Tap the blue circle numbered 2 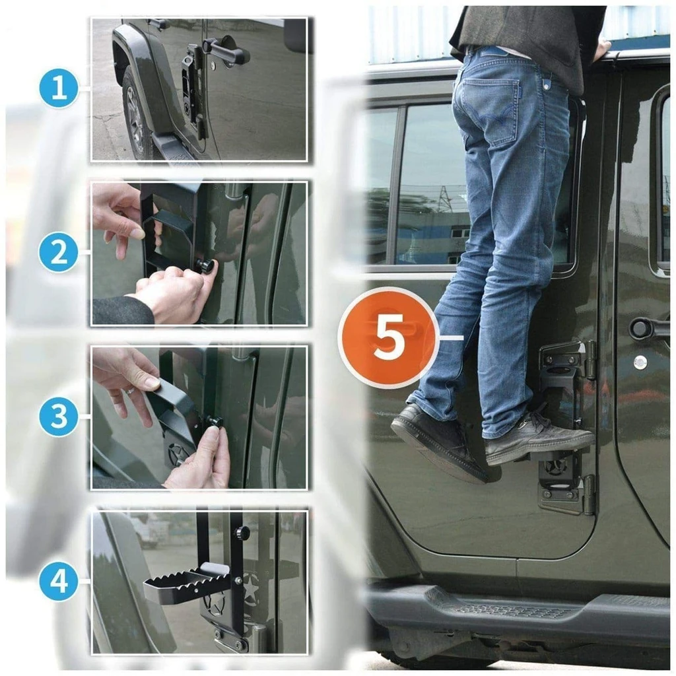(x=59, y=253)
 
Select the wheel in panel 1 (x=135, y=113)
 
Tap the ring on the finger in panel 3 (x=130, y=391)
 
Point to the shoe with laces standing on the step (x=537, y=440)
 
